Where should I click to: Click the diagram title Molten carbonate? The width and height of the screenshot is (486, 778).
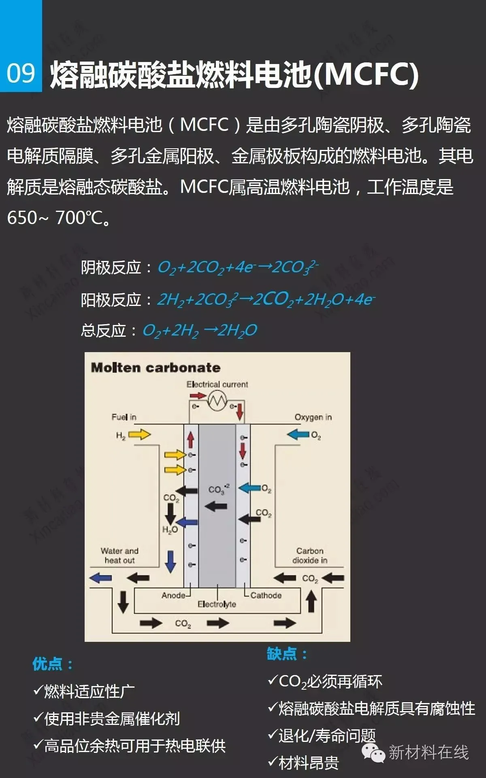point(156,368)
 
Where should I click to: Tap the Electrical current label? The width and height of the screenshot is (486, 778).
point(217,384)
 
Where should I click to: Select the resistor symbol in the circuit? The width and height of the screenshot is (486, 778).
point(217,401)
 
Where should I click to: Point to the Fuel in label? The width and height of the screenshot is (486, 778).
point(124,417)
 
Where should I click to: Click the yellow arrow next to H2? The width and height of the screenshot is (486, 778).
point(139,435)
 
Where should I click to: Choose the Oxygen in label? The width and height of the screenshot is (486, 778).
point(313,417)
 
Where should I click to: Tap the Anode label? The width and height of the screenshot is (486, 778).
point(173,595)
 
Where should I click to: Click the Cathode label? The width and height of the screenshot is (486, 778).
point(266,595)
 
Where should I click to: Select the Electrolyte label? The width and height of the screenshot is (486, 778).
point(217,604)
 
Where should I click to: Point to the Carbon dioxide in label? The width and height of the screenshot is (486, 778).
point(310,556)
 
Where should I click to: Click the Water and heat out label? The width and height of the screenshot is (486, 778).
point(119,556)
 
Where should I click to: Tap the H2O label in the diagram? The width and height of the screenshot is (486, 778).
point(170,530)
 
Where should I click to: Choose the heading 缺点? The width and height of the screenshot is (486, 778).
point(287,654)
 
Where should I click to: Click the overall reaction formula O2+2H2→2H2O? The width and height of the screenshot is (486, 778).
point(200,331)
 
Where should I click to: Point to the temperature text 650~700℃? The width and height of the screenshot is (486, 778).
point(58,218)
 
